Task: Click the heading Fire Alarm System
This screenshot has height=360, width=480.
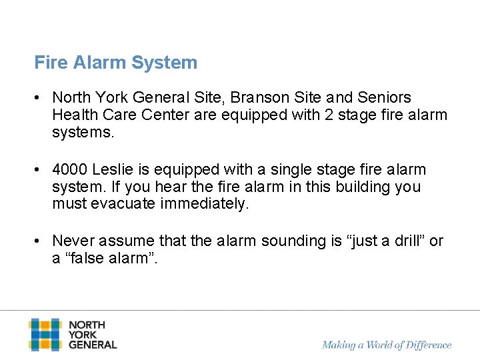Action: pyautogui.click(x=116, y=63)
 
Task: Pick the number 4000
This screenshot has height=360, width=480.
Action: pyautogui.click(x=70, y=169)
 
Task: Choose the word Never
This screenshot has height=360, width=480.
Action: pyautogui.click(x=73, y=241)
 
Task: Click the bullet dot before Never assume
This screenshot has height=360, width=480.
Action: pyautogui.click(x=41, y=241)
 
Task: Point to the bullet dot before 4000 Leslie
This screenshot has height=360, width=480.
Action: pyautogui.click(x=41, y=169)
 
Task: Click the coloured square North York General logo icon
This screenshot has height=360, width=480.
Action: pyautogui.click(x=45, y=334)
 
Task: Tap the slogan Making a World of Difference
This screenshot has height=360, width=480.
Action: pyautogui.click(x=387, y=345)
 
